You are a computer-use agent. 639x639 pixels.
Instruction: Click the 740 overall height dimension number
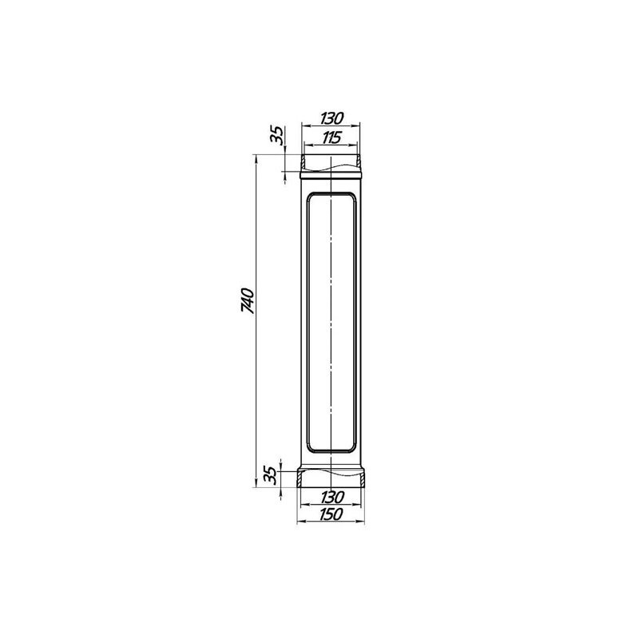coord(248,301)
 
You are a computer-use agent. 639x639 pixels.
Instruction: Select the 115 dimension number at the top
coord(331,137)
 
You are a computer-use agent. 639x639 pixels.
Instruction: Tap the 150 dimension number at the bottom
coord(331,514)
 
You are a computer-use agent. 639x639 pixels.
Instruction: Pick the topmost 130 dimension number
coord(331,118)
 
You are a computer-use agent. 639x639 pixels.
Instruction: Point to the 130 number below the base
coord(331,497)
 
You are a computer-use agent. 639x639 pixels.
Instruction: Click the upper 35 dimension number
coord(277,136)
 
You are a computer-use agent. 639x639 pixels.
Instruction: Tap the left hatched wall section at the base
coord(299,478)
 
